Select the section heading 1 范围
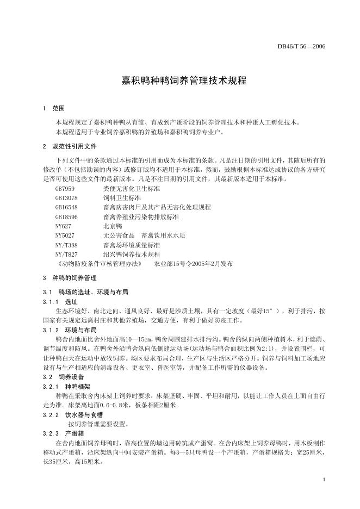point(53,108)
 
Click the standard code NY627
point(63,226)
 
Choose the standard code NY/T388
point(66,245)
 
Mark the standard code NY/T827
point(66,254)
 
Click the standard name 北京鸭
point(113,226)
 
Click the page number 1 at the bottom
point(324,480)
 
